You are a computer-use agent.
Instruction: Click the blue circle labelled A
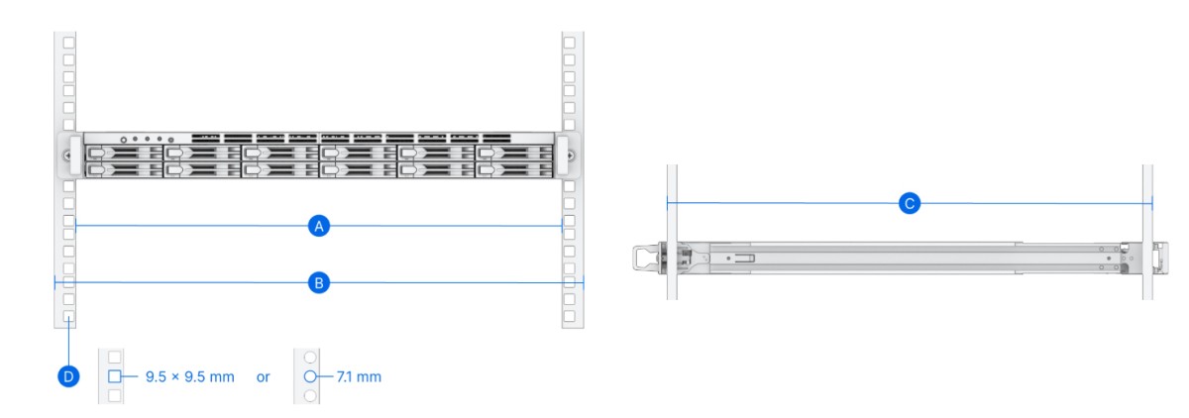pyautogui.click(x=318, y=226)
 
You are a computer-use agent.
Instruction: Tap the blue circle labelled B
pyautogui.click(x=318, y=282)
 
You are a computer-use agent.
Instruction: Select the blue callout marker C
pyautogui.click(x=910, y=203)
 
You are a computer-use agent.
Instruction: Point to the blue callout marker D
pyautogui.click(x=68, y=376)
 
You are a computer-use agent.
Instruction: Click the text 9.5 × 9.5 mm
pyautogui.click(x=189, y=376)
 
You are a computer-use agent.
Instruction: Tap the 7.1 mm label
pyautogui.click(x=359, y=376)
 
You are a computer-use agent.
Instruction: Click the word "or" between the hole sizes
pyautogui.click(x=263, y=377)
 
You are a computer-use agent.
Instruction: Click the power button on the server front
pyautogui.click(x=124, y=140)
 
